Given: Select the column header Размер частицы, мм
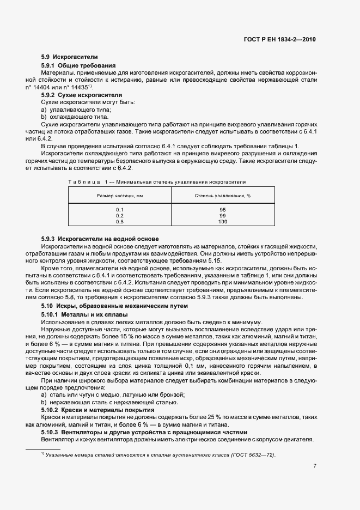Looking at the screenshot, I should click(x=119, y=196).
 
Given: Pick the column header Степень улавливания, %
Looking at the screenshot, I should click(x=222, y=196).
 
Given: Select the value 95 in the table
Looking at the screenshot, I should click(x=222, y=210).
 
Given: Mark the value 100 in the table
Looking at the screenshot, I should click(x=222, y=222).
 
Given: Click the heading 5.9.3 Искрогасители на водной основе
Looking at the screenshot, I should click(x=100, y=239).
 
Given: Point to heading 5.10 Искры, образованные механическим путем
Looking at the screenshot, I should click(x=114, y=306).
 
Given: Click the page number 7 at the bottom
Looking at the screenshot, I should click(x=315, y=466).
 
